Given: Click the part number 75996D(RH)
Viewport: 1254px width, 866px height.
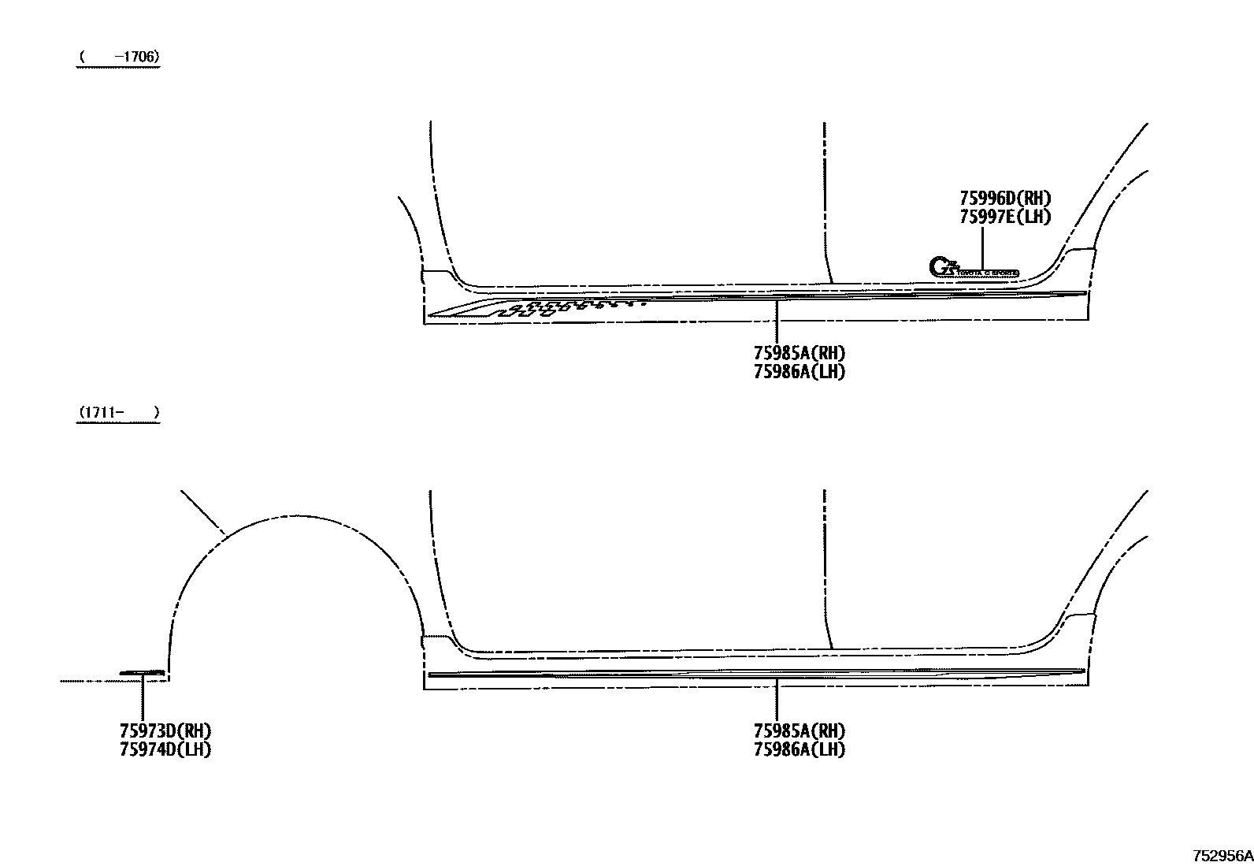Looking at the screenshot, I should click(x=1004, y=199).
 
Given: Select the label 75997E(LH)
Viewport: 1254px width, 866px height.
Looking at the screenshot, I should click(x=1004, y=217).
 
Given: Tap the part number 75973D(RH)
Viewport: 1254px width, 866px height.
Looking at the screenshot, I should click(x=165, y=731).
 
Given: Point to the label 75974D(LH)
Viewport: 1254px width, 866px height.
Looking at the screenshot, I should click(x=165, y=749).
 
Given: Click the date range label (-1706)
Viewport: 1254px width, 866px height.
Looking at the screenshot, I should click(x=118, y=57).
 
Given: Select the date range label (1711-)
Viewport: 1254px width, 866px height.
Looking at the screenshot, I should click(x=118, y=412).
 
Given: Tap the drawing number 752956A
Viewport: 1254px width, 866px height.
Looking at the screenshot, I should click(x=1221, y=856).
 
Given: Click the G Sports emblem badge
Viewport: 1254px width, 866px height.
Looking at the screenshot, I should click(x=974, y=268).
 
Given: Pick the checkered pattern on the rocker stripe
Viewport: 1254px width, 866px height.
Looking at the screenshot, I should click(x=567, y=307).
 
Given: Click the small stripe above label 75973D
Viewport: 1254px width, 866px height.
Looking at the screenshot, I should click(x=142, y=673).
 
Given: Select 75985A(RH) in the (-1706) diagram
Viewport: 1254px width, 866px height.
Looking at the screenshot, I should click(x=799, y=354).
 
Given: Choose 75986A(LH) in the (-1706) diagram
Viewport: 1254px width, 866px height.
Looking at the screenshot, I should click(x=799, y=372).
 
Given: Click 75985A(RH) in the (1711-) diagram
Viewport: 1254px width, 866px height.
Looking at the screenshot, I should click(x=799, y=731).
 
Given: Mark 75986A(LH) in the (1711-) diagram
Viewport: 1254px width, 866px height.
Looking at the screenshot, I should click(x=799, y=749).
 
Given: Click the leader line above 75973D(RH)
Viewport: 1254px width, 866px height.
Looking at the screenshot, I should click(x=143, y=697).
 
